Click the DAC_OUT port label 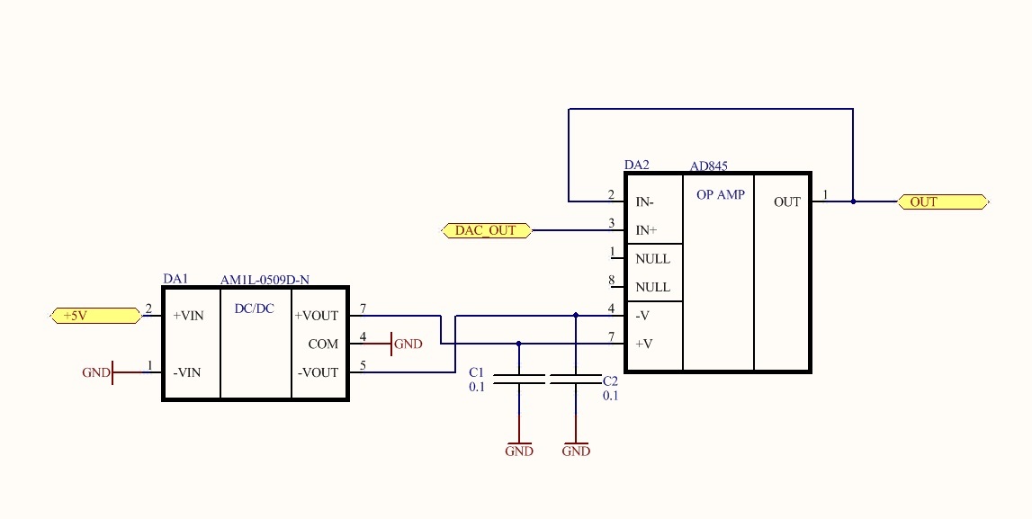[x=486, y=230]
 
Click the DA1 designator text [x=175, y=279]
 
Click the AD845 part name [x=709, y=166]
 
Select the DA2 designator [x=636, y=166]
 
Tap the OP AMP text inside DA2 [x=721, y=194]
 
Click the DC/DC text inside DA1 [x=255, y=309]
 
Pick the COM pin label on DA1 [x=323, y=344]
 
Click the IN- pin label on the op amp [x=645, y=202]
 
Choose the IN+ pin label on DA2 [x=646, y=230]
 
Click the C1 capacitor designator [x=477, y=372]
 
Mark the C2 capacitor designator [x=611, y=381]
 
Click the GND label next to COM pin [x=408, y=344]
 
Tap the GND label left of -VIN [x=95, y=372]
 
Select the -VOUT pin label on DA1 [x=318, y=372]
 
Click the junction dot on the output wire [x=853, y=201]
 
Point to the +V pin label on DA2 [x=644, y=344]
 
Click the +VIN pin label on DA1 [x=189, y=316]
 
